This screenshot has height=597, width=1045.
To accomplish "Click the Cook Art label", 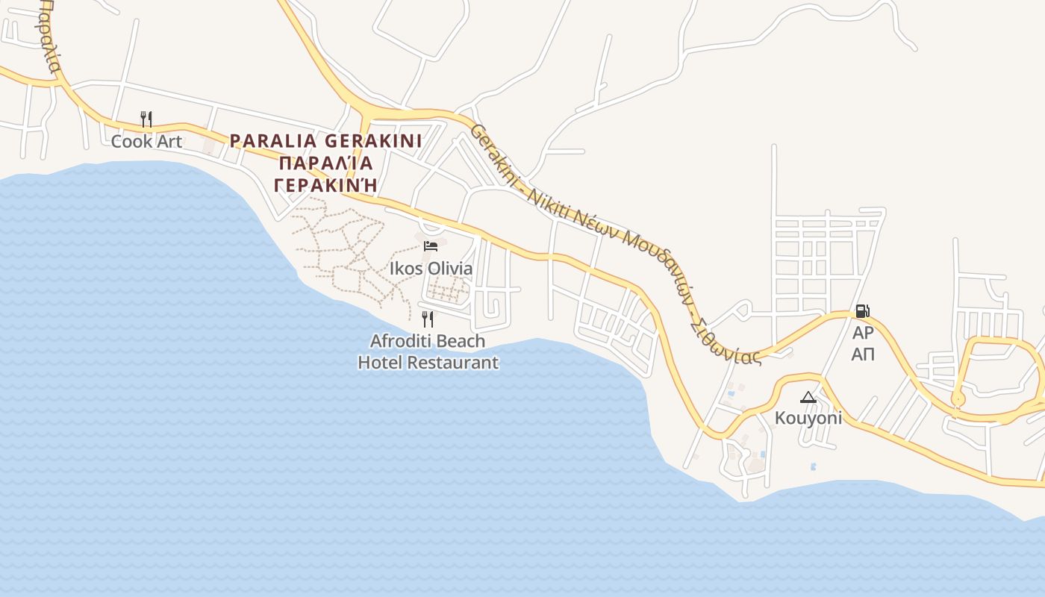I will point(146,141).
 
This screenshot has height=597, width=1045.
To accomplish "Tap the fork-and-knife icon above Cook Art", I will point(146,119).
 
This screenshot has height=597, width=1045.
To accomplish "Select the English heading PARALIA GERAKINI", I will point(325,141).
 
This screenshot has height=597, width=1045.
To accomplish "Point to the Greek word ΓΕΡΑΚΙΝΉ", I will point(325,184).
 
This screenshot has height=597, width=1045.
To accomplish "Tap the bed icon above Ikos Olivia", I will point(431,246).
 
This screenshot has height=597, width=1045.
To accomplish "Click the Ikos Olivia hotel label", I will point(431,269).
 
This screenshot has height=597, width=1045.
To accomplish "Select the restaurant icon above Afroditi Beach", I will point(428,319).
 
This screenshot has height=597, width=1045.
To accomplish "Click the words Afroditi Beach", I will point(428,341).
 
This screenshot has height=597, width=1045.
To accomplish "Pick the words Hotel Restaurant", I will point(428,363).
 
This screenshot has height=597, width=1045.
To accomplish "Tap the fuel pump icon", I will point(862,311).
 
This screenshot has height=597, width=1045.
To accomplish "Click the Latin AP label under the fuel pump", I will point(863,333).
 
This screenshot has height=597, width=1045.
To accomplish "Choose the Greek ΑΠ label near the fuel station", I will point(863,354).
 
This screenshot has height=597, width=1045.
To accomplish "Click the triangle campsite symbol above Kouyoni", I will point(808,397).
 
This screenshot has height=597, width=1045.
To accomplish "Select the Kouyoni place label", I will point(808,418).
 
